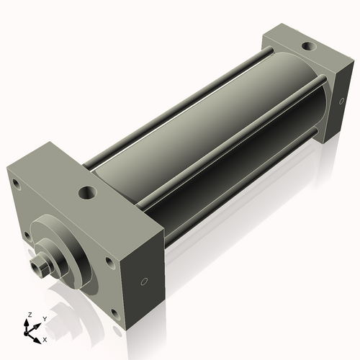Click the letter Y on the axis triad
[44, 318]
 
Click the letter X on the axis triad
[45, 338]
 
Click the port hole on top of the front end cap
[88, 192]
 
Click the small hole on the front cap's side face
[144, 282]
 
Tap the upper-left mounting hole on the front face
[20, 189]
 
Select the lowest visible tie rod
[238, 194]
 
